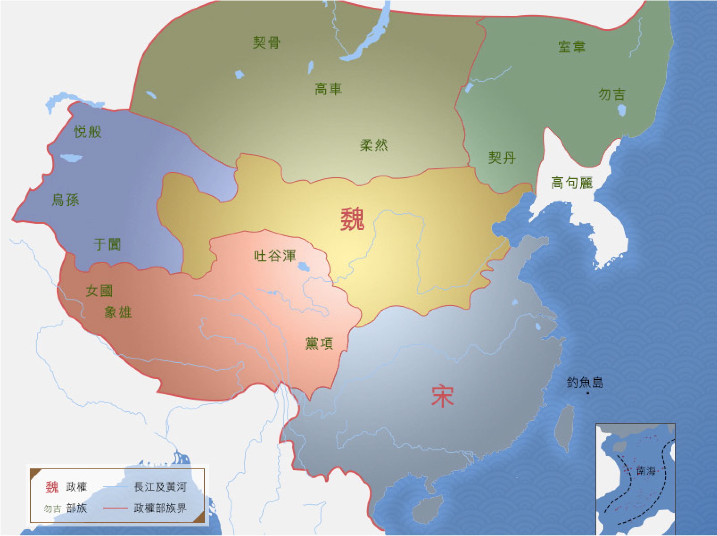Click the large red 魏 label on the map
(352, 219)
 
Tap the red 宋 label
(442, 396)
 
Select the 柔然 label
(374, 145)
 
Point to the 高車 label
(328, 89)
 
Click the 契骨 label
(266, 43)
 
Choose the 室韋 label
(572, 47)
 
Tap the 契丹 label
(502, 158)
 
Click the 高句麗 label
(572, 183)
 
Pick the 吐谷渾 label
(275, 256)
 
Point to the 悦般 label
(88, 132)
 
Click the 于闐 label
(107, 244)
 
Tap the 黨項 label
(319, 343)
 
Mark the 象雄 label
(118, 312)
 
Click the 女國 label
(99, 291)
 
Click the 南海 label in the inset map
(646, 471)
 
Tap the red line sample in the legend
(115, 508)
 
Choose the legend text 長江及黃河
(160, 487)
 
